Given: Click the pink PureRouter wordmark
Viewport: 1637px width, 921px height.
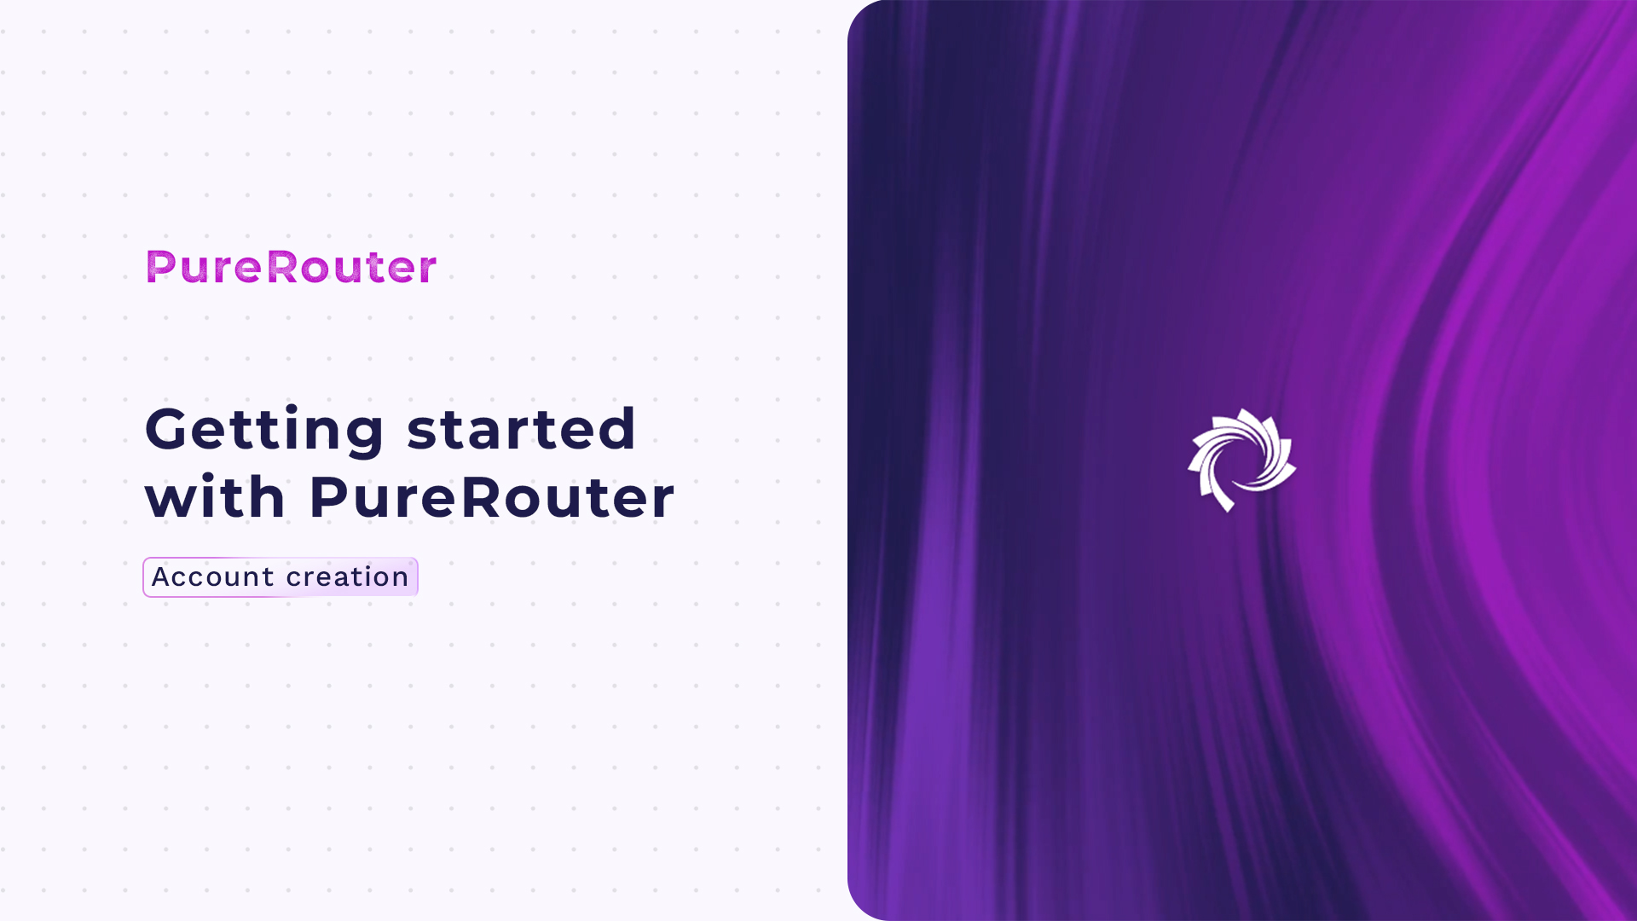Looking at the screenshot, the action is click(292, 267).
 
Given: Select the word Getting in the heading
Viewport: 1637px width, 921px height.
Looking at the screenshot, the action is click(264, 430).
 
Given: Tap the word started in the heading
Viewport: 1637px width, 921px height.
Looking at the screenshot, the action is click(522, 428).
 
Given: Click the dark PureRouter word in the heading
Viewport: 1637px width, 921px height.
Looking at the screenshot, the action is click(492, 497).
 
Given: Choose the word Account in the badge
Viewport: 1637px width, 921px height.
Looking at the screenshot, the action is click(213, 577).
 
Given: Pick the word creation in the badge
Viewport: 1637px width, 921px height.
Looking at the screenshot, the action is click(348, 577).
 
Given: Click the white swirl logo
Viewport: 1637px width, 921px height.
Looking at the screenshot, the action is click(1241, 460).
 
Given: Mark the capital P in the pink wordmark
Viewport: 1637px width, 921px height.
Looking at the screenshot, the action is click(160, 267).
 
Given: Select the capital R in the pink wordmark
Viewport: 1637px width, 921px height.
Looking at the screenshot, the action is click(282, 267).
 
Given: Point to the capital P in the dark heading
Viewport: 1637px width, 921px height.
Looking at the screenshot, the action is click(328, 497).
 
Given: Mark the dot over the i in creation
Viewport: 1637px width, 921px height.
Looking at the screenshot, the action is click(360, 567).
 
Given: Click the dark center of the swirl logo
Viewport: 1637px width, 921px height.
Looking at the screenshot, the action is click(1242, 461).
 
